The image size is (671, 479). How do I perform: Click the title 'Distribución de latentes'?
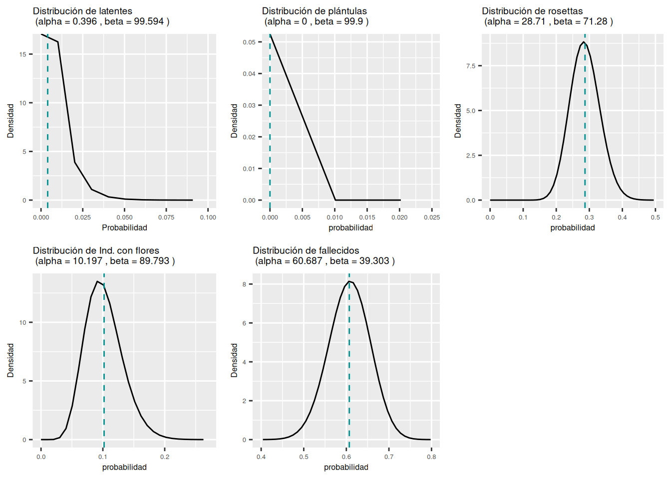pos(82,11)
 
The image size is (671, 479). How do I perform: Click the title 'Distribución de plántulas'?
pos(314,11)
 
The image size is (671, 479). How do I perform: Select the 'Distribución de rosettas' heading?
pos(532,11)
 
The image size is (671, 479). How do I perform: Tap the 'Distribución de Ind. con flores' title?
pos(96,250)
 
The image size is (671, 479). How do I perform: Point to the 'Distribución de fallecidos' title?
pos(306,250)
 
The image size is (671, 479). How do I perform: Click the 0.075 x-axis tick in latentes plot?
pos(166,217)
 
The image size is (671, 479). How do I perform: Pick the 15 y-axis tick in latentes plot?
pos(23,54)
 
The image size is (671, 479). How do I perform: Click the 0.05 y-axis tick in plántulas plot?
pos(249,42)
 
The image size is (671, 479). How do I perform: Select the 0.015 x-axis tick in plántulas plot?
pos(367,217)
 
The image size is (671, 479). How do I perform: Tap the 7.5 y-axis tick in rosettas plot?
pos(471,66)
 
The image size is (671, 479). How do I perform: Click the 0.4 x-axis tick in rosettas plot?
pos(622,217)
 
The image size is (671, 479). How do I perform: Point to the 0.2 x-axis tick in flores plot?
pos(165,457)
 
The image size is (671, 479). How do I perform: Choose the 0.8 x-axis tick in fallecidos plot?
pos(431,457)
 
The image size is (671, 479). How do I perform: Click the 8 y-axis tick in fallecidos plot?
pos(245,284)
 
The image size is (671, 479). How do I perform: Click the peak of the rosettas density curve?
pos(583,42)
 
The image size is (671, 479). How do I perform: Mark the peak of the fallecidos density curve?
pos(349,281)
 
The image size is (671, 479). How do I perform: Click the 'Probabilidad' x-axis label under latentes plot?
pos(124,228)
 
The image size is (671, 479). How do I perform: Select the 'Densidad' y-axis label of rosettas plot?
pos(458,121)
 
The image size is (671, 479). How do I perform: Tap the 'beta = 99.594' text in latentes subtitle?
pos(134,21)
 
